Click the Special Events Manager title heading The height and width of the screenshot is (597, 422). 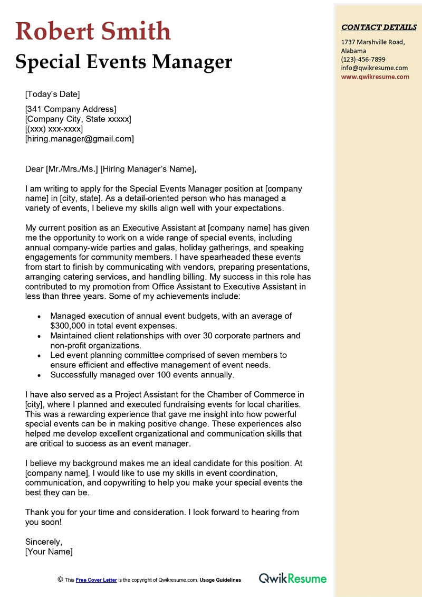(x=123, y=62)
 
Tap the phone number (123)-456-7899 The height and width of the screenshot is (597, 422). (x=363, y=59)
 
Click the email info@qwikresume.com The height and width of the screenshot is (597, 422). (x=374, y=68)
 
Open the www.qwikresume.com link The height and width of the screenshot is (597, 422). (x=375, y=76)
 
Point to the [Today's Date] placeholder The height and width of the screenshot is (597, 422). (x=53, y=94)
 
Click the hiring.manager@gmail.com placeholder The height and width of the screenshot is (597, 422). (x=79, y=139)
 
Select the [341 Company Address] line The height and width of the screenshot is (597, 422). (x=71, y=109)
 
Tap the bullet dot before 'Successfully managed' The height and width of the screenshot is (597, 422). (x=39, y=375)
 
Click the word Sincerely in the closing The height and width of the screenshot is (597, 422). (x=44, y=542)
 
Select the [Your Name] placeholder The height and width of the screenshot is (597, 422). (x=49, y=552)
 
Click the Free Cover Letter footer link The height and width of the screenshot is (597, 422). (x=96, y=580)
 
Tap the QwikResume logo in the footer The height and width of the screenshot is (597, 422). (x=292, y=579)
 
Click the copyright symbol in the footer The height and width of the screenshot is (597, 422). (x=60, y=579)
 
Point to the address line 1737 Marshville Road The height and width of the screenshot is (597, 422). (x=372, y=42)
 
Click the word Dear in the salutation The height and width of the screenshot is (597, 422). (x=34, y=169)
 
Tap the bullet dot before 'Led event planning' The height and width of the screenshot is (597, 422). (x=39, y=356)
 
